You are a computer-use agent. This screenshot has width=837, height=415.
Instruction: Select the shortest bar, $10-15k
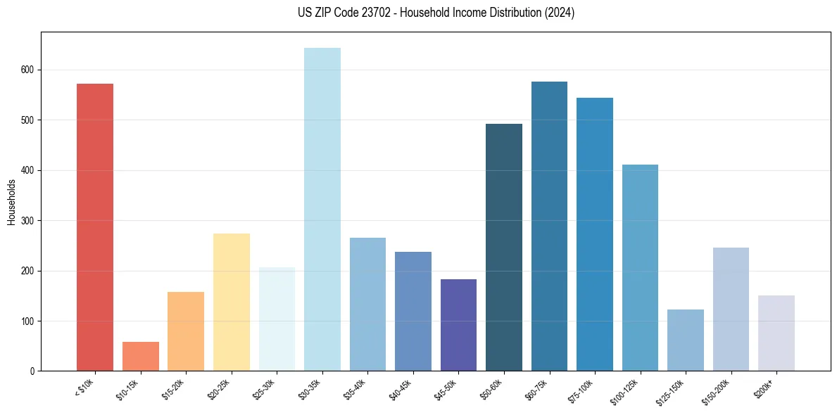(141, 357)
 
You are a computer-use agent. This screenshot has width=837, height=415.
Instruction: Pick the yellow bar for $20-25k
(232, 302)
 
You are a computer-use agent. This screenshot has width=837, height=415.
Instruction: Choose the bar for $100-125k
(640, 268)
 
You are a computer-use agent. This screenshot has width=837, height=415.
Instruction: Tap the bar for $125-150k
(686, 340)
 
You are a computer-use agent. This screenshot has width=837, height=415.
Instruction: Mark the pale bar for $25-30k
(277, 319)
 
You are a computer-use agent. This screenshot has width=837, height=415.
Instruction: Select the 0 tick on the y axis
(34, 371)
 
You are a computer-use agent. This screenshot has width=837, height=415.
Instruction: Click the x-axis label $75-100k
(581, 388)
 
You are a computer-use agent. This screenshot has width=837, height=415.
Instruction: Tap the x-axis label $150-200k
(717, 389)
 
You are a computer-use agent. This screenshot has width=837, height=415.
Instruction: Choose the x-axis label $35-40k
(355, 388)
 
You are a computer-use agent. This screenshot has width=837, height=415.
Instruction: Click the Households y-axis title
(12, 202)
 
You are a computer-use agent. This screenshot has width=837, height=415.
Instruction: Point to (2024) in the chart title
(560, 13)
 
